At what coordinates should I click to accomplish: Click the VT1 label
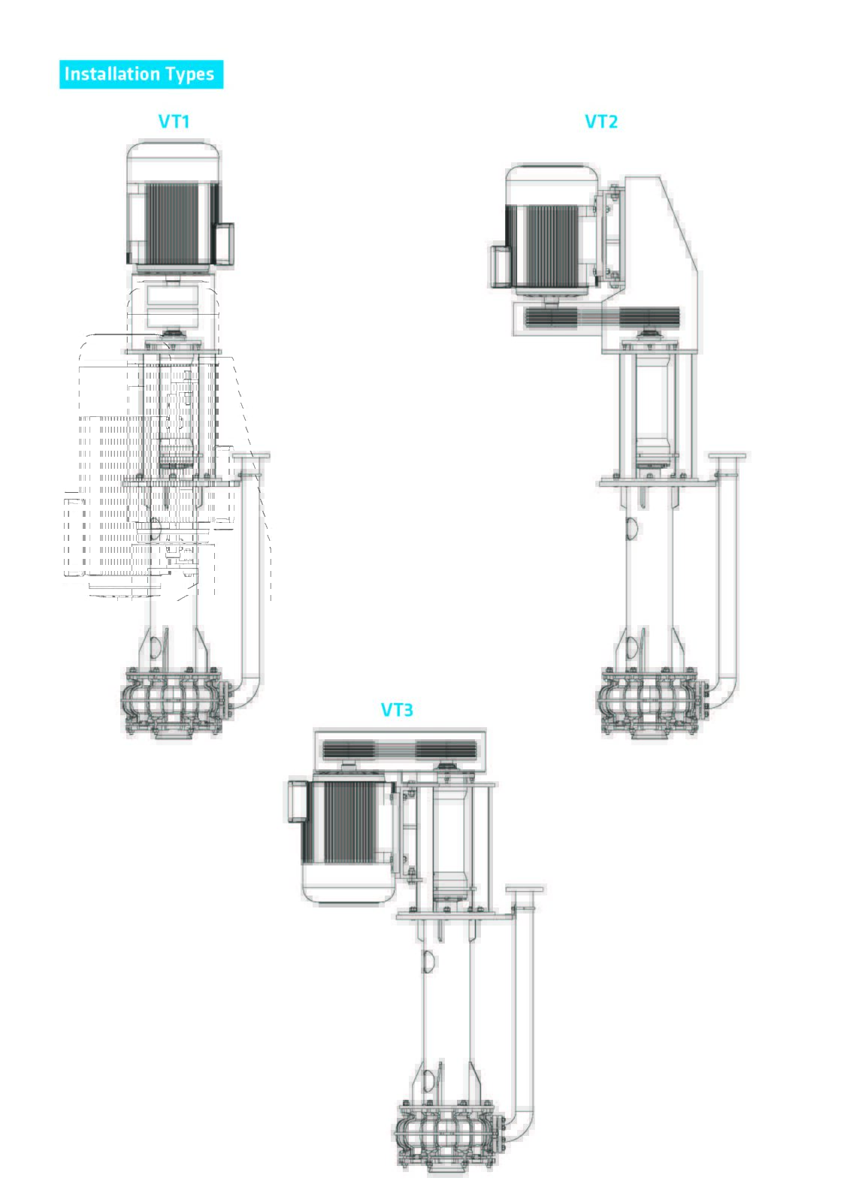174,121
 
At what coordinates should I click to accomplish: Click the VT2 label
600,121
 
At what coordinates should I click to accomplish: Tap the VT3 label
397,710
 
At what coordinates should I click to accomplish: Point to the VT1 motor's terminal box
225,244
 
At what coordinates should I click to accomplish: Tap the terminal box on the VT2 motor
499,266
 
